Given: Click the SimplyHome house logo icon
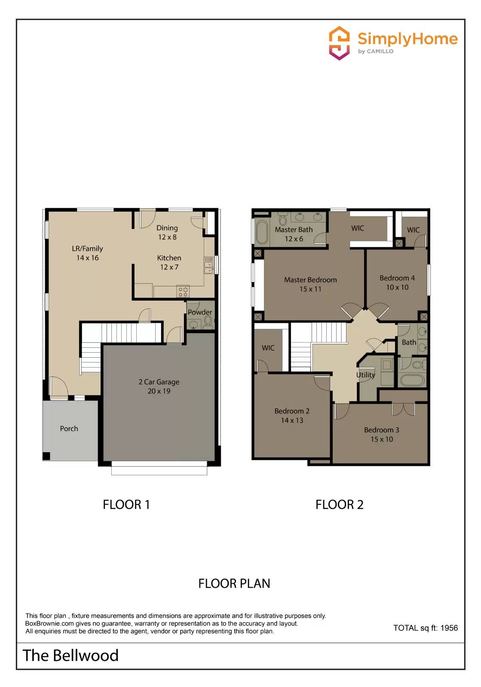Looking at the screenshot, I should point(339,43).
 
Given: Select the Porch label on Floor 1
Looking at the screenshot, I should point(69,429).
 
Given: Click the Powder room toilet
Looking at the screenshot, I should point(208,320).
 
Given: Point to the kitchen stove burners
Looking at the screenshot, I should point(183,292).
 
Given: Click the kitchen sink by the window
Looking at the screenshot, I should point(208,265).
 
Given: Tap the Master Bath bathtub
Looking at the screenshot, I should point(262,232).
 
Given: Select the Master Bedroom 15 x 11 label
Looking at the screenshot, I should point(310,284).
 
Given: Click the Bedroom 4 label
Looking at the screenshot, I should point(397,278).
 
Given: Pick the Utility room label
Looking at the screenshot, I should point(365,375).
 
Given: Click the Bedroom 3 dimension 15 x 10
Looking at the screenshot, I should point(382,439).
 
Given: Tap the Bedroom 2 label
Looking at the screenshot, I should point(292,411).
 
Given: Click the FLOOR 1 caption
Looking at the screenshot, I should point(126,505).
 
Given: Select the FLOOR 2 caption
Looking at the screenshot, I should point(339,505).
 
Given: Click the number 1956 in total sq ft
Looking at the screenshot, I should point(449,628).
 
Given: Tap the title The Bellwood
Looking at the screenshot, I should point(70,656).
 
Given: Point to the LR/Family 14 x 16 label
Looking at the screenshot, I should point(87,253).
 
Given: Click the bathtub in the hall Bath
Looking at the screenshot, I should point(412,380).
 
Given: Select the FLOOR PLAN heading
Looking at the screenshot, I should point(234,584).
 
